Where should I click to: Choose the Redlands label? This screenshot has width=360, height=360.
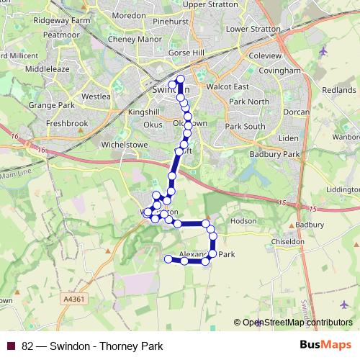(338, 90)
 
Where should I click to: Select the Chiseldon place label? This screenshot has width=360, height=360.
(287, 242)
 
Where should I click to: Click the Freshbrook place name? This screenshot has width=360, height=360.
(66, 124)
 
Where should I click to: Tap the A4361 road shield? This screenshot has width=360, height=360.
(75, 298)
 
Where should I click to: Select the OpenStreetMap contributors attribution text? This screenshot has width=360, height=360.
(297, 323)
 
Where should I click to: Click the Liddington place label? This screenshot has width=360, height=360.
(343, 189)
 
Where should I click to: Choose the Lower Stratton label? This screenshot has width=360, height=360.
(252, 29)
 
